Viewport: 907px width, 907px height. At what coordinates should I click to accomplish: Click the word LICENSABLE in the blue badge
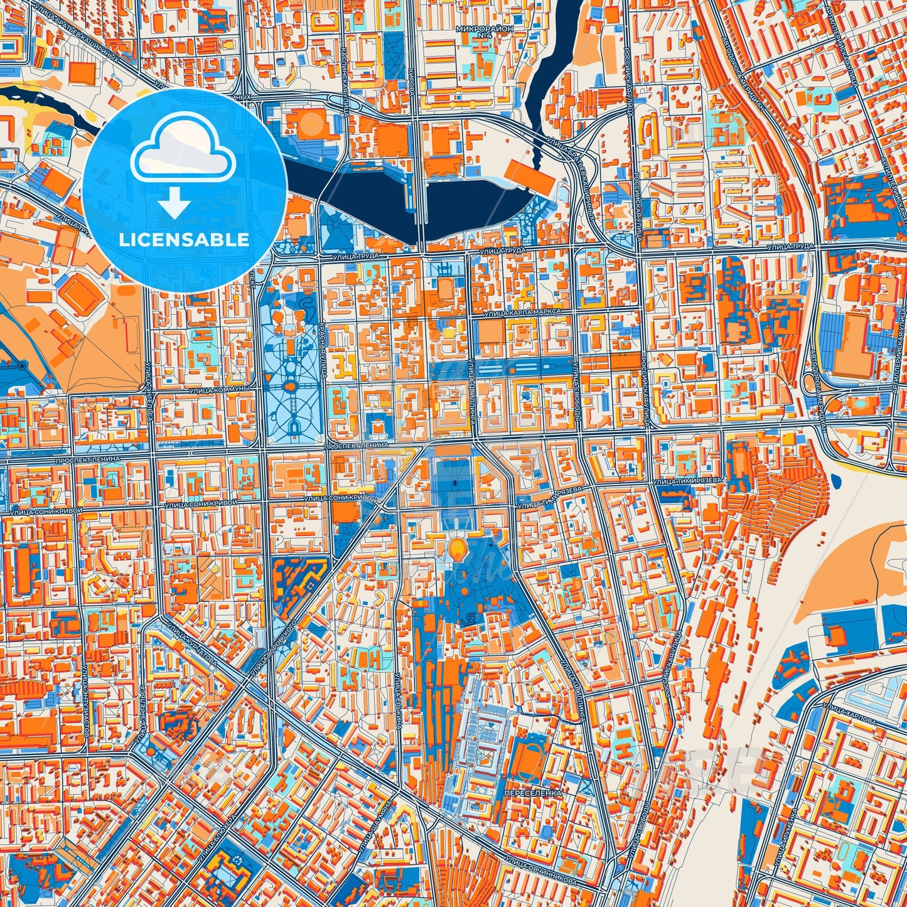(183, 240)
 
